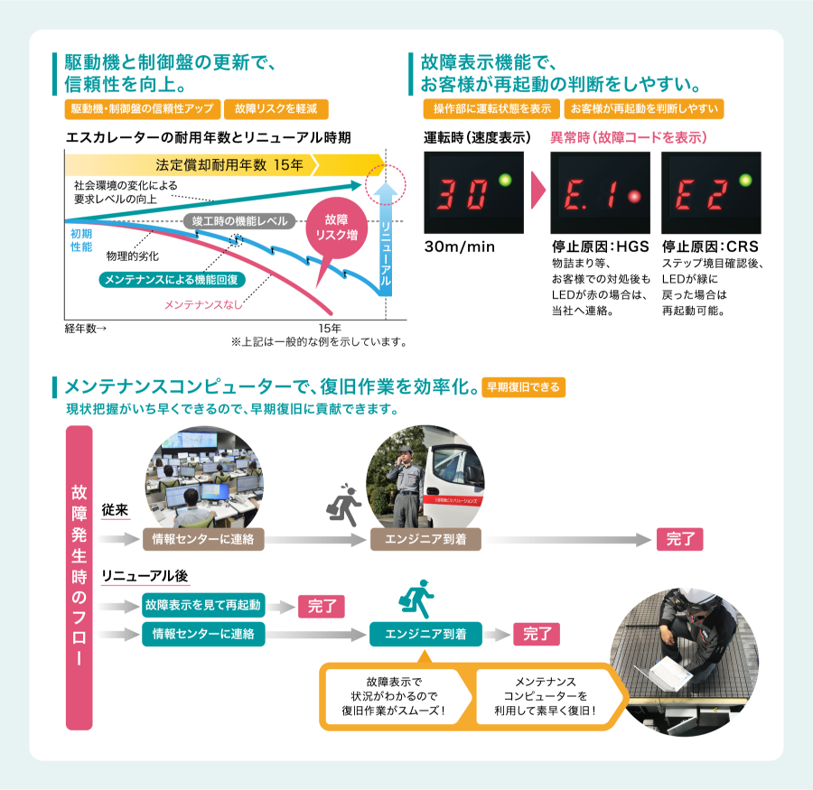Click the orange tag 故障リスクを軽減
(x=276, y=109)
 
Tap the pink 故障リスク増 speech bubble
(x=337, y=229)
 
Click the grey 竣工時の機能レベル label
(x=239, y=221)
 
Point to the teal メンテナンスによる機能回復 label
(x=172, y=280)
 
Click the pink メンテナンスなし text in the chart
(x=203, y=305)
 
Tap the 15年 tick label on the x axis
(x=330, y=329)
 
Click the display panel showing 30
(x=474, y=193)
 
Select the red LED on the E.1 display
(x=633, y=196)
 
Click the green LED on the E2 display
(x=745, y=180)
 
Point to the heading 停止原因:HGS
(x=601, y=246)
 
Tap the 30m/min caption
(x=460, y=246)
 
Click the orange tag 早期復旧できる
(x=524, y=387)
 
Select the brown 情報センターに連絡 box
(x=203, y=539)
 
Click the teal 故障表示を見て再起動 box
(x=203, y=605)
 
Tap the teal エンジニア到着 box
(x=425, y=634)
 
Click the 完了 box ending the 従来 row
(x=679, y=539)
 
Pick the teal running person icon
(x=416, y=599)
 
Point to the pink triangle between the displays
(x=537, y=191)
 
